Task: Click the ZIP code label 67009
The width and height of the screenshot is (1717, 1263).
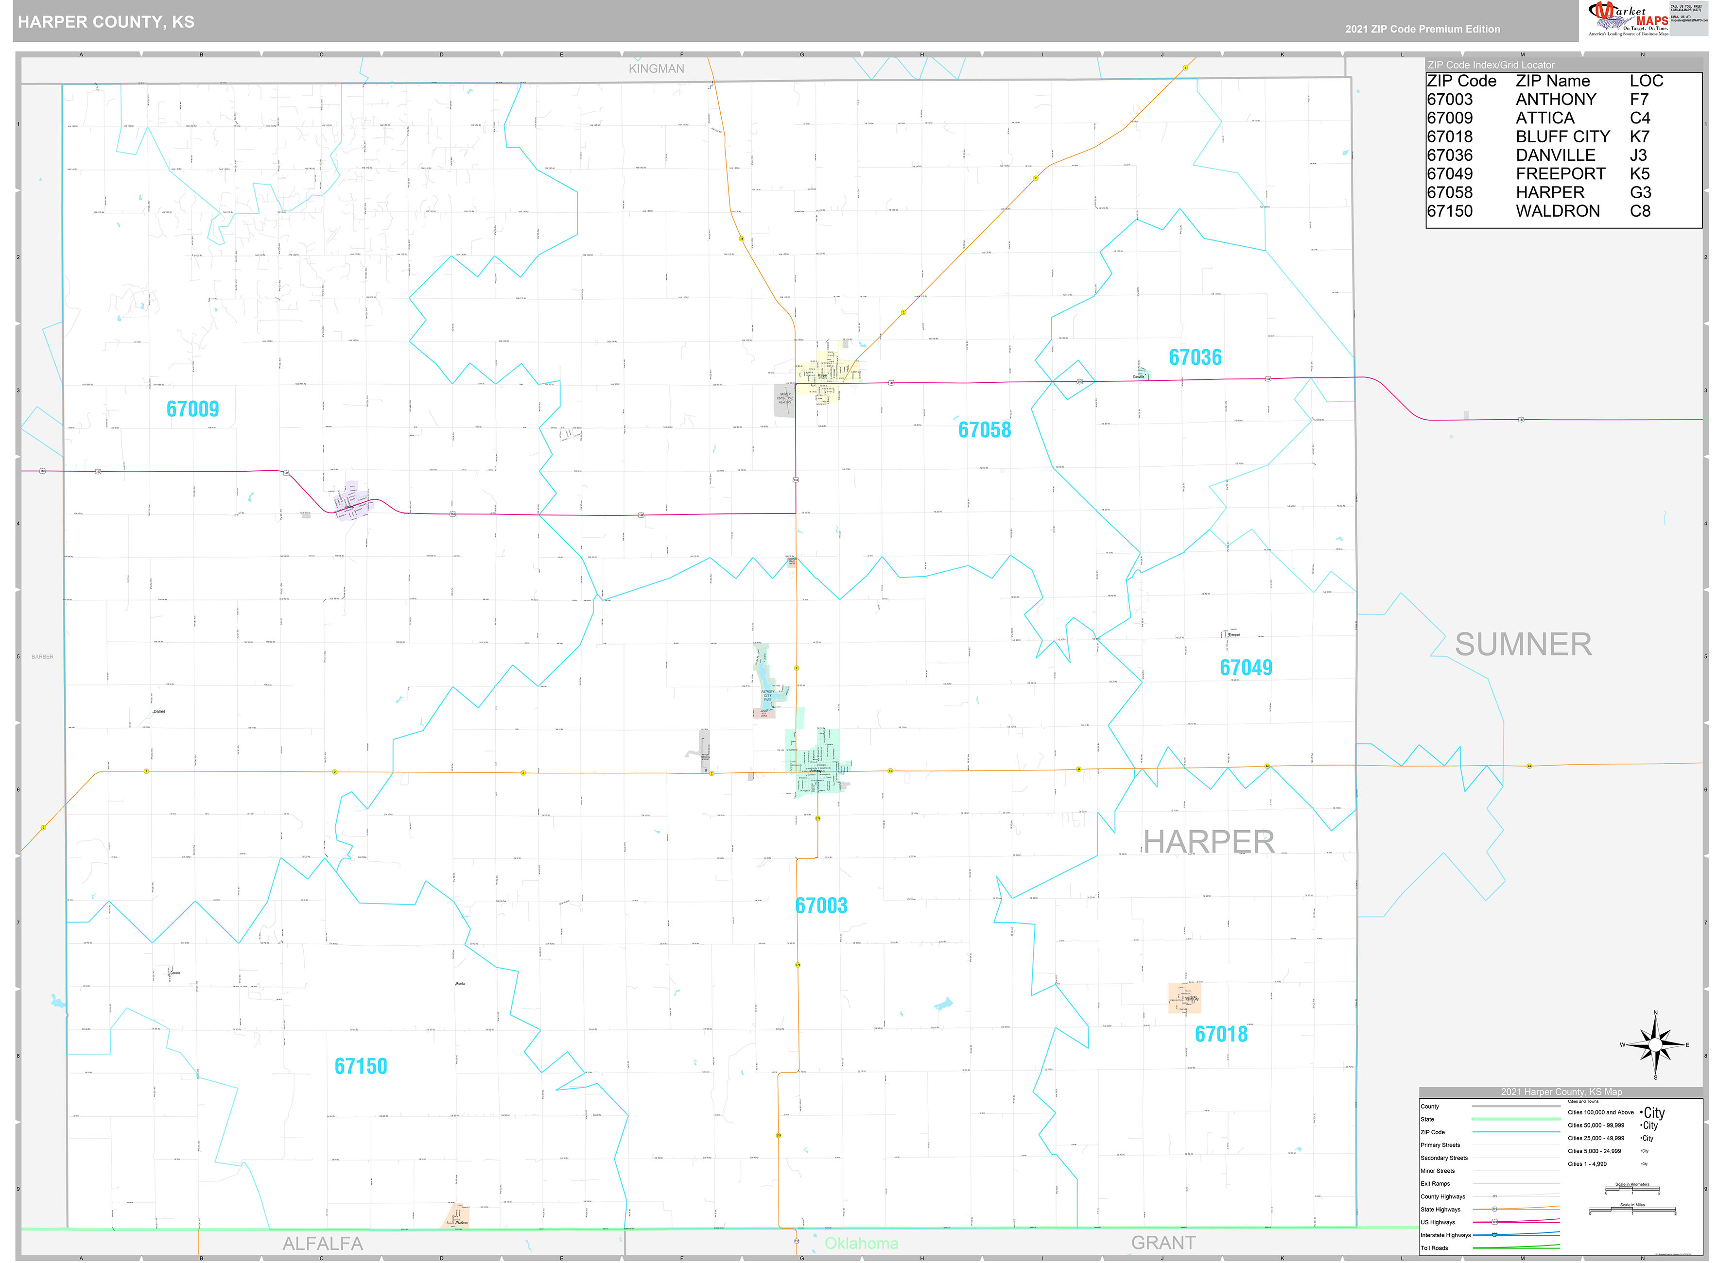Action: [193, 409]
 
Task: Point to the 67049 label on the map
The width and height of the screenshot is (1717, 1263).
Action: [1246, 667]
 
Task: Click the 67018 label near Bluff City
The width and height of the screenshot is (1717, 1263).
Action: [1221, 1034]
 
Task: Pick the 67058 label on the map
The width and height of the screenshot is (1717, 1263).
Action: [984, 430]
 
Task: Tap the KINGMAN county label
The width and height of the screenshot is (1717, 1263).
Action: [656, 69]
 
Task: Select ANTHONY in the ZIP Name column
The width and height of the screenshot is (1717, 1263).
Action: [1556, 100]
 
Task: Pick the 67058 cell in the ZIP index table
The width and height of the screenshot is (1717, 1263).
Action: [1449, 193]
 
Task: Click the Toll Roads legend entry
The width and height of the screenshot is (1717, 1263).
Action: [1434, 1248]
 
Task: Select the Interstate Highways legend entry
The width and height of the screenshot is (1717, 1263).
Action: [1445, 1235]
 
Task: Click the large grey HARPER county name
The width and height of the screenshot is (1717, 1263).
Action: [1208, 842]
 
